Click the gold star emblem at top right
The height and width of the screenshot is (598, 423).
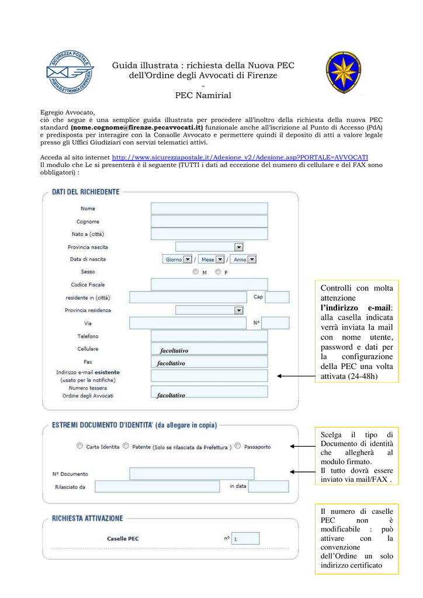[x=343, y=72]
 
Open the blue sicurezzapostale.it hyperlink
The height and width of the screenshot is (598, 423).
[x=240, y=158]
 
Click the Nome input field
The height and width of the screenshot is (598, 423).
[x=209, y=208]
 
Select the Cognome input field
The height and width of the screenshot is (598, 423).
[x=209, y=221]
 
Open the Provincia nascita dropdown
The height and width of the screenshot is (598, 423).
[x=209, y=247]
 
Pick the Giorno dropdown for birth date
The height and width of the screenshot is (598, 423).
[x=178, y=259]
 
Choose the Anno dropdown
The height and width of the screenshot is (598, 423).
[x=243, y=259]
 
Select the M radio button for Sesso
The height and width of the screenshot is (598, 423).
[x=195, y=272]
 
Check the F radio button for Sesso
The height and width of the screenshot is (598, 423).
[x=218, y=272]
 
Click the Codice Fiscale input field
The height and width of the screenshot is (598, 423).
[x=209, y=284]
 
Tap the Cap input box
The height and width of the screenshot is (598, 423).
[x=277, y=297]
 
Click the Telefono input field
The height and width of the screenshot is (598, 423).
[x=209, y=336]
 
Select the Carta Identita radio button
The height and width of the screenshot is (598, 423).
[x=79, y=446]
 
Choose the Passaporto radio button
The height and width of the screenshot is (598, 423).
[x=237, y=446]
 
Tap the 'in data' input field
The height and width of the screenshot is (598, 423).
[x=268, y=486]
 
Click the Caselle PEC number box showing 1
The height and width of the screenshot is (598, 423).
[x=245, y=538]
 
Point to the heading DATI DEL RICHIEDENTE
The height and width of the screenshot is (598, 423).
[x=86, y=192]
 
